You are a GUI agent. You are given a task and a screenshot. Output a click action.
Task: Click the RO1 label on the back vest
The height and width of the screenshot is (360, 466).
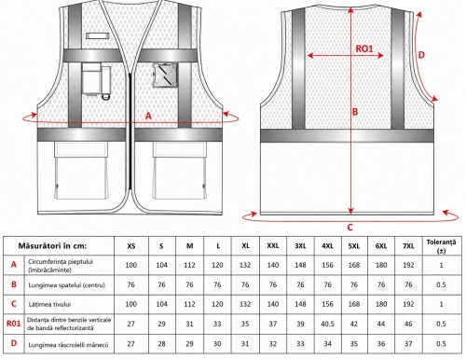point(364,48)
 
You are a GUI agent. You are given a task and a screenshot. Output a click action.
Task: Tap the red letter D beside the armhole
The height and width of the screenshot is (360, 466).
point(421,55)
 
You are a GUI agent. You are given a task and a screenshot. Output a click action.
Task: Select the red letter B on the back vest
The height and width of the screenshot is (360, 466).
point(355,112)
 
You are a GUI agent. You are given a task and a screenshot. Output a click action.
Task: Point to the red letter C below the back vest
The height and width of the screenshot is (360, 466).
point(349,228)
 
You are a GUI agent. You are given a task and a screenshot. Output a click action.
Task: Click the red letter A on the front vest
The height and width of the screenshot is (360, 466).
point(148,116)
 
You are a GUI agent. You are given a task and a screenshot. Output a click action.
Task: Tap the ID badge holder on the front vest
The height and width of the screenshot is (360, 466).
point(165,75)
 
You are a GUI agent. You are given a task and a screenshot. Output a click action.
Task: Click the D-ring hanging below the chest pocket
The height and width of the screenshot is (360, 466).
point(106,96)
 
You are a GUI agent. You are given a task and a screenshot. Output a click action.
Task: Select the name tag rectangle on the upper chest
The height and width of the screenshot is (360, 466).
point(98,35)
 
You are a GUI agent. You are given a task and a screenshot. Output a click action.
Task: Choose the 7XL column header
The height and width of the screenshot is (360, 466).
point(408,246)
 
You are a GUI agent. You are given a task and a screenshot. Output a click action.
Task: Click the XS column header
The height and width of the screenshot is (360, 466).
point(131,246)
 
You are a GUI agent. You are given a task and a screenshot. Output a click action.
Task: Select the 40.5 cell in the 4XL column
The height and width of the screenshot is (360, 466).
point(327,324)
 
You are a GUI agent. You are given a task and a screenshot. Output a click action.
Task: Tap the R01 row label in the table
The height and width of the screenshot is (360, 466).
point(14,324)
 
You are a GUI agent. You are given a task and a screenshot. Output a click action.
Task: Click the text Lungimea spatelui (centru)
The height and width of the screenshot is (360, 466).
point(67,284)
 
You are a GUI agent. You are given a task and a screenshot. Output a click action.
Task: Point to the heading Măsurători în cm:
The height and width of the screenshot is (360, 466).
point(52,246)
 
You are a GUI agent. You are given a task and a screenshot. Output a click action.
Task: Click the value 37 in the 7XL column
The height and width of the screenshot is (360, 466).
point(408,343)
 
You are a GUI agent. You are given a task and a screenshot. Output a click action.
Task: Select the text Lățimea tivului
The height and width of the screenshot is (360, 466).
point(49,304)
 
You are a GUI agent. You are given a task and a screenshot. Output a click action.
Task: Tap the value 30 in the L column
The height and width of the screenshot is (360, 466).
point(217,343)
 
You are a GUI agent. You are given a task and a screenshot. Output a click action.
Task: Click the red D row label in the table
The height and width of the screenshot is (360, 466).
point(14,343)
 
